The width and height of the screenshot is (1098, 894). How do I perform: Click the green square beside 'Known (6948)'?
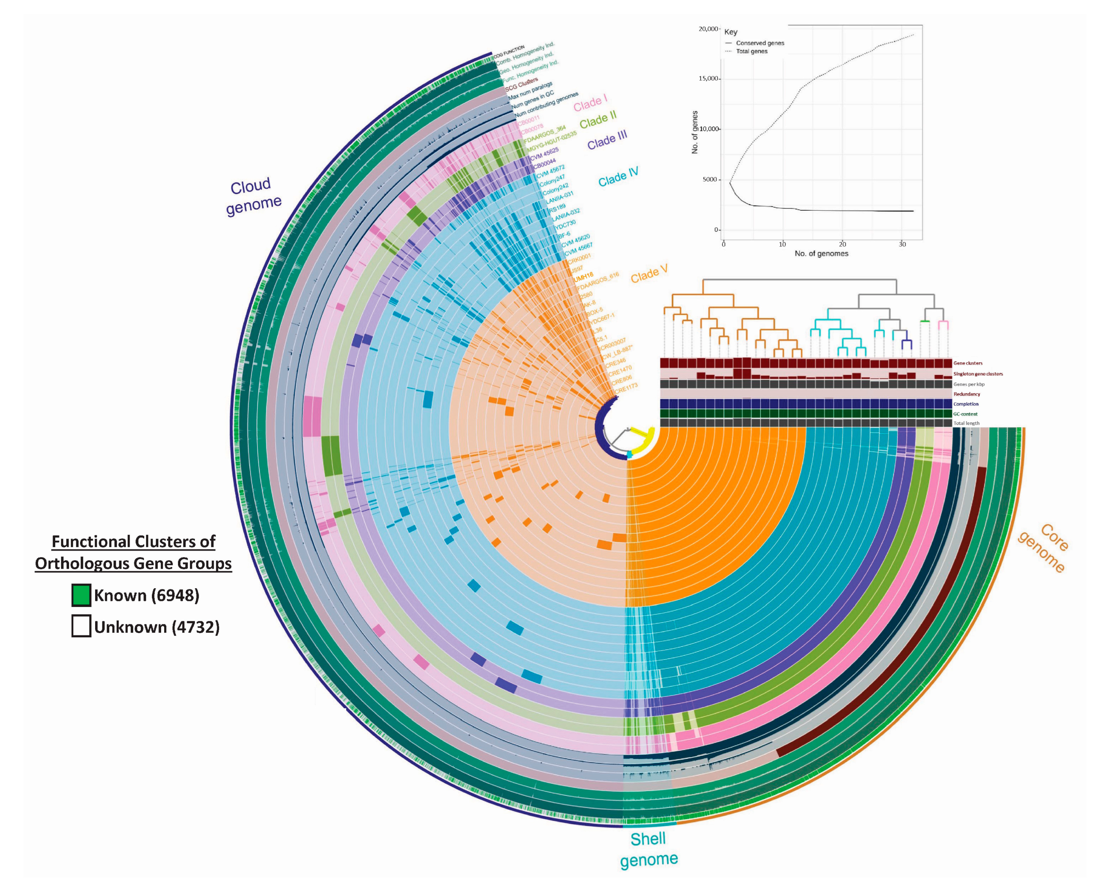[81, 595]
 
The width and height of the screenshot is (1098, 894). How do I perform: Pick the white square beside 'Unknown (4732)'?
[81, 627]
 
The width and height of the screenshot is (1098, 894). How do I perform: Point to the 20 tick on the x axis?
[842, 244]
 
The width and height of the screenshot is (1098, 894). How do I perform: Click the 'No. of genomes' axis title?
[821, 253]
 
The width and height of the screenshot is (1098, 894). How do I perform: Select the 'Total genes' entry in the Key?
[752, 51]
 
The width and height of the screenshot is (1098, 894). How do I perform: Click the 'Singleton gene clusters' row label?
[978, 374]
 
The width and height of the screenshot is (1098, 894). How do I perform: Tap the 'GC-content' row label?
[965, 414]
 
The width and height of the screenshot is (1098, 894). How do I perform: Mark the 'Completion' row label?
[966, 404]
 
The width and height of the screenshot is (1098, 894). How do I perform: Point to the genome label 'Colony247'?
[552, 181]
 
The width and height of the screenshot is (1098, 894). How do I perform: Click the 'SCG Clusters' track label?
[521, 84]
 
